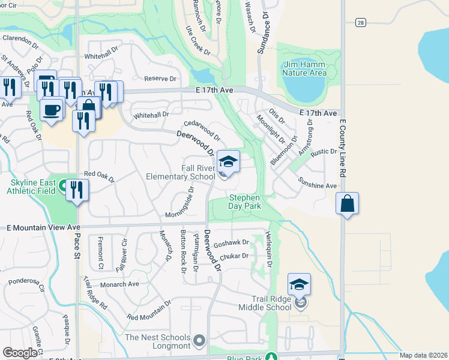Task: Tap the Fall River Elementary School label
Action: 181,172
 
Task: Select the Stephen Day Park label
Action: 244,202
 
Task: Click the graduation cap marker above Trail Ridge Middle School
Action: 300,284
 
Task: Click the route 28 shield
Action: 360,22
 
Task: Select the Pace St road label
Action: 77,246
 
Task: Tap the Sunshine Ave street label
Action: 318,186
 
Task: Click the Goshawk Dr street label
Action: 231,243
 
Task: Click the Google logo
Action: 21,353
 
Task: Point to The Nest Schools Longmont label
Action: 157,341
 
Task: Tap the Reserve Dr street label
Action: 161,79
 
